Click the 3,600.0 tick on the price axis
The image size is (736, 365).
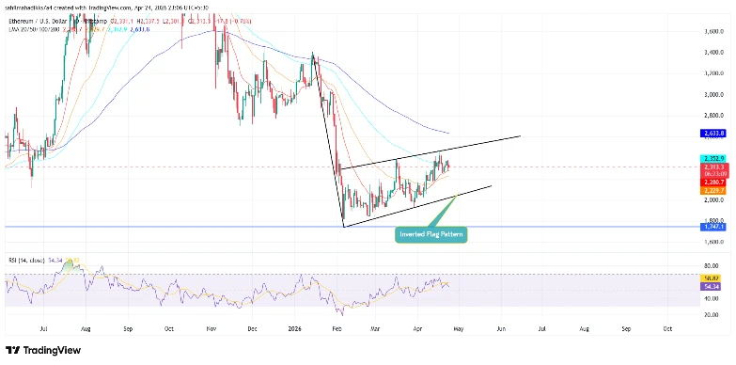pyautogui.click(x=713, y=31)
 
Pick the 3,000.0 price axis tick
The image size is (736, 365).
pyautogui.click(x=713, y=94)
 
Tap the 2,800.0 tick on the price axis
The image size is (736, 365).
pyautogui.click(x=713, y=116)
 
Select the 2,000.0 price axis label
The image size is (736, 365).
pyautogui.click(x=713, y=200)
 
